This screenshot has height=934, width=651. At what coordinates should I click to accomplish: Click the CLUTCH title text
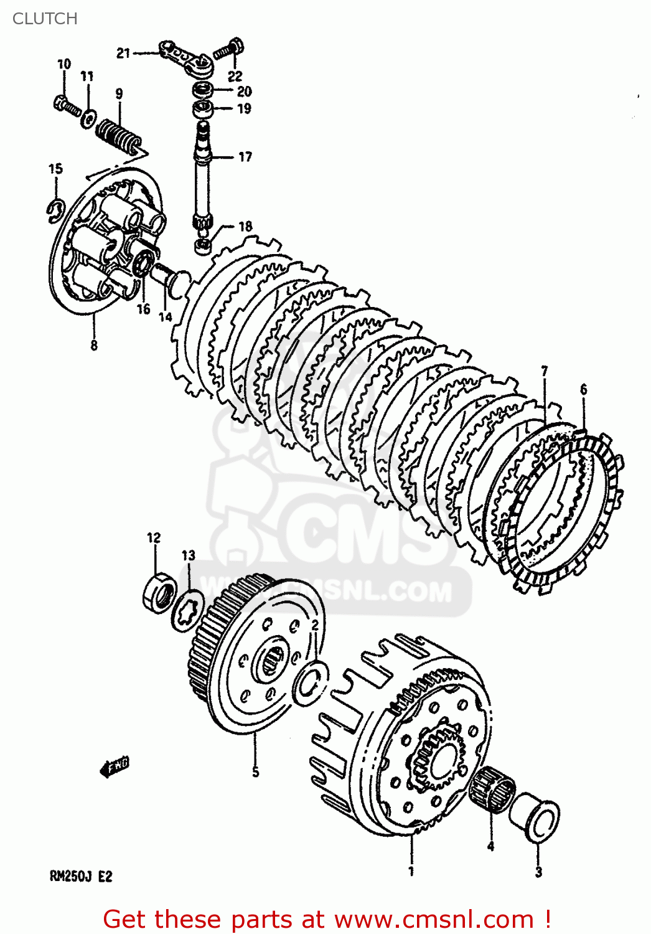45,19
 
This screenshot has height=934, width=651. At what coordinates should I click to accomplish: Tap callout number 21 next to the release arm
123,54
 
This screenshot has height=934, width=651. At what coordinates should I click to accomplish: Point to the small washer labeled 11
89,116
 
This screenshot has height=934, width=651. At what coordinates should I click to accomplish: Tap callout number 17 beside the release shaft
245,157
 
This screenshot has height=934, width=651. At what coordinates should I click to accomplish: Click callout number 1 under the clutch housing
411,871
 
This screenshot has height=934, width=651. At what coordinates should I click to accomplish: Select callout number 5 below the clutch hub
255,772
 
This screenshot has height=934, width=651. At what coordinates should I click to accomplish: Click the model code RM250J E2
81,877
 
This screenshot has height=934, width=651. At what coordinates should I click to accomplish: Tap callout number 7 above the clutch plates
545,372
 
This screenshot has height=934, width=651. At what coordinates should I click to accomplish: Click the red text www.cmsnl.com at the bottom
433,920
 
